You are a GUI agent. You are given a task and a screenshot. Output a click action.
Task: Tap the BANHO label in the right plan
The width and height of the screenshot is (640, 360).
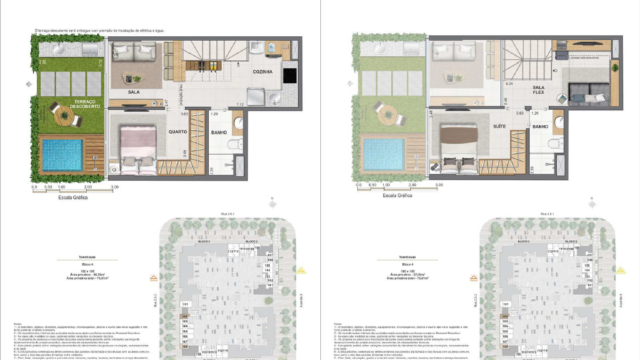[541, 127]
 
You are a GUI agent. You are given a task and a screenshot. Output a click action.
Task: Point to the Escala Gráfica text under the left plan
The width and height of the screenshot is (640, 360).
[71, 196]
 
